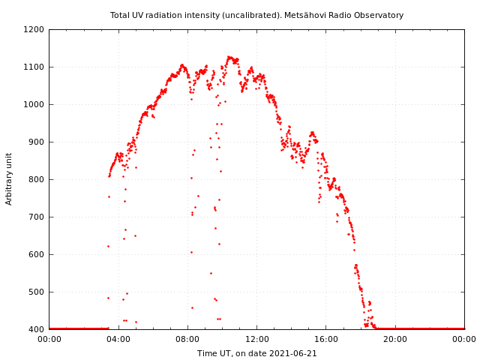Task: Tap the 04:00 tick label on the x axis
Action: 118,340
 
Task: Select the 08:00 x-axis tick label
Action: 187,340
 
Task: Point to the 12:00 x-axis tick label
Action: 256,340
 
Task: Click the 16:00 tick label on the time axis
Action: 326,340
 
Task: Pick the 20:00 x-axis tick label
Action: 395,340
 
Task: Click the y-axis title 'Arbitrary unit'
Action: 9,178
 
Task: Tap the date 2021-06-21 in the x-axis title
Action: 292,353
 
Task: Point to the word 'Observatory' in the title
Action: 379,15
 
